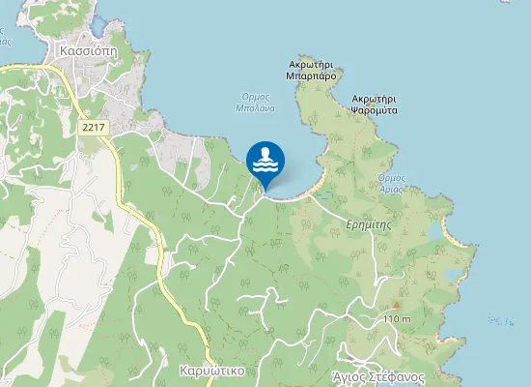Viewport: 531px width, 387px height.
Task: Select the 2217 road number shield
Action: point(94,127)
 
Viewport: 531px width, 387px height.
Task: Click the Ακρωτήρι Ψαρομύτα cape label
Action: point(376,104)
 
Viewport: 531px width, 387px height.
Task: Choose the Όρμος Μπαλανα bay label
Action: point(256,103)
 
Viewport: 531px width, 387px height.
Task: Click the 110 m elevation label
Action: point(397,318)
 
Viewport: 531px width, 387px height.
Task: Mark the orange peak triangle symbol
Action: point(396,306)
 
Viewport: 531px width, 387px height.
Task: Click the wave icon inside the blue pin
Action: point(265,166)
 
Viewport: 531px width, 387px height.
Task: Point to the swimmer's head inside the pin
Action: point(265,152)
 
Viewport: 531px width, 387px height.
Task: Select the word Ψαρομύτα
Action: point(376,110)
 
